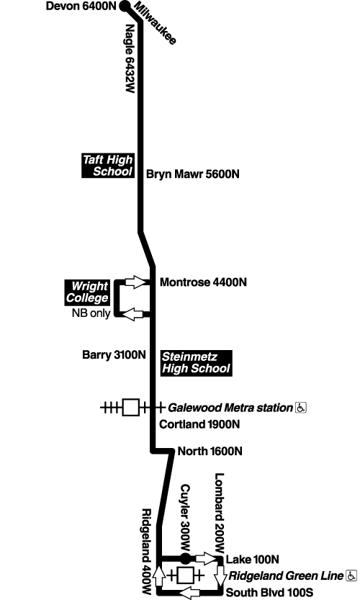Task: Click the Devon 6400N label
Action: coord(80,7)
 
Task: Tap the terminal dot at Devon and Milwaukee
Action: coord(124,7)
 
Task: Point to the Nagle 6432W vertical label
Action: coord(130,59)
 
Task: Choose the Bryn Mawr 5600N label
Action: coord(192,174)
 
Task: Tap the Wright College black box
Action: coord(87,292)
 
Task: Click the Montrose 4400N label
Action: coord(202,282)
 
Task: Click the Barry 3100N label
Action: coord(114,354)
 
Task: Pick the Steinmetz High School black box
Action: coord(196,362)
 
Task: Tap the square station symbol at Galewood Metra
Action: coord(130,408)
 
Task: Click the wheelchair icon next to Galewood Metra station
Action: coord(301,408)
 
